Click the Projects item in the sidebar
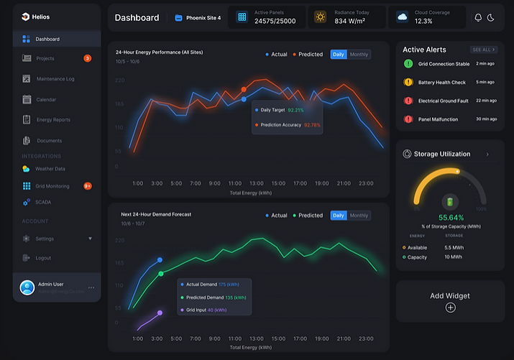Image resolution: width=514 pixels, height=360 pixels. tap(45, 58)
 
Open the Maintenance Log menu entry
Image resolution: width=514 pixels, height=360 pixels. tap(55, 78)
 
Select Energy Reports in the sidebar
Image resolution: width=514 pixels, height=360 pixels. tap(53, 119)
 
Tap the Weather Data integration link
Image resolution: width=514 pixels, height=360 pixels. tap(50, 169)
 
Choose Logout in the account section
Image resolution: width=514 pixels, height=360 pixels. tap(43, 258)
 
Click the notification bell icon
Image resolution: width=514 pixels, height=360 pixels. tap(478, 17)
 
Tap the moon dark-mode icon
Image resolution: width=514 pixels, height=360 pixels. tap(491, 17)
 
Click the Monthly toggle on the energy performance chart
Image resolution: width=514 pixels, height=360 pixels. tap(359, 55)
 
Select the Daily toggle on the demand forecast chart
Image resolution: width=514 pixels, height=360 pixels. tap(339, 216)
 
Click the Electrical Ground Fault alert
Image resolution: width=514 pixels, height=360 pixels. tap(443, 101)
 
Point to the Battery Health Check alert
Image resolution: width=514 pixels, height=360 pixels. tap(442, 83)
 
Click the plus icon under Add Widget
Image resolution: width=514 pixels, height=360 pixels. tap(450, 308)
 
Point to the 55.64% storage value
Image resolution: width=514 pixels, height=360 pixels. tap(451, 217)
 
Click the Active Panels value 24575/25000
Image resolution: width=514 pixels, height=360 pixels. tap(275, 22)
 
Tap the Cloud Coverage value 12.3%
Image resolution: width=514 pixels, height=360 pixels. tap(423, 22)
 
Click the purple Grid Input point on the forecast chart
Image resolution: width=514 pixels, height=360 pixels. tap(160, 313)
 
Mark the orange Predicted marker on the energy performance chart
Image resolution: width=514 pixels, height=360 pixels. tap(244, 90)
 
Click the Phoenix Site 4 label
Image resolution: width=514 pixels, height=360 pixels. tap(203, 17)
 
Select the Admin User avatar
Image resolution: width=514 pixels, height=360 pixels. tap(27, 287)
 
